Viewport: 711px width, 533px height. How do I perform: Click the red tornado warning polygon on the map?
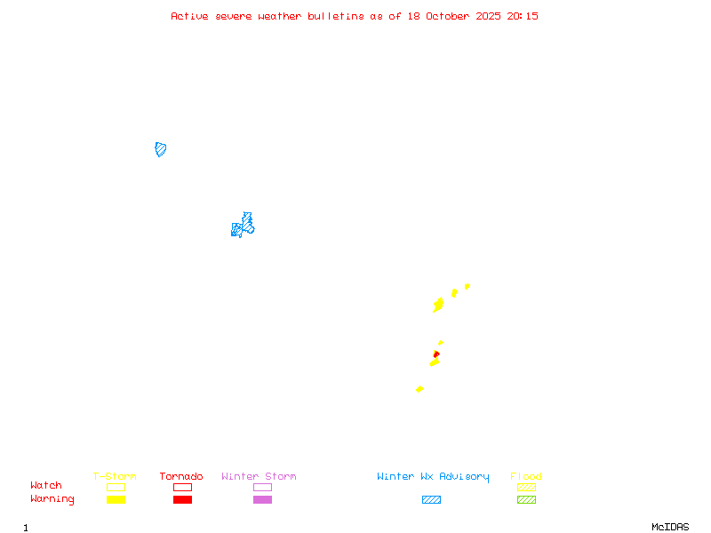(436, 354)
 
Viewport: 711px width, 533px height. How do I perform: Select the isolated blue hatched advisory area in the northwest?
(161, 149)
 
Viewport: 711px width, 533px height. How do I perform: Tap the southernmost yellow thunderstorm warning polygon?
(419, 389)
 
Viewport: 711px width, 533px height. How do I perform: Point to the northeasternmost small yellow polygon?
(467, 286)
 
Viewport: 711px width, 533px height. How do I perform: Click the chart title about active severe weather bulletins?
(355, 16)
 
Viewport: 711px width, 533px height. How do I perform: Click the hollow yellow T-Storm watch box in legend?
(116, 487)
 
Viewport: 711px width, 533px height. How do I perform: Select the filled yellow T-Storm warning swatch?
(116, 499)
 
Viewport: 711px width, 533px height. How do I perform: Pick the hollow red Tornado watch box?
(182, 487)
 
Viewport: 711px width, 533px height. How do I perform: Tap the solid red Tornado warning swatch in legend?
(182, 499)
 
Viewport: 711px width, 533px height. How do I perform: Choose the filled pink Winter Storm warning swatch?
(262, 499)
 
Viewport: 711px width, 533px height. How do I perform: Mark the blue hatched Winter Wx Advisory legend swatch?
(431, 499)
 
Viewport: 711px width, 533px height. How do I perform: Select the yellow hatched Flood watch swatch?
(526, 487)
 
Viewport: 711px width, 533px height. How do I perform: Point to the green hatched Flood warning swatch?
(526, 499)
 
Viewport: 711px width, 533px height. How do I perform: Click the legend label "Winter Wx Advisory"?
(433, 476)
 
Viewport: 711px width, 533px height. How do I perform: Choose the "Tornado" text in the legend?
(181, 476)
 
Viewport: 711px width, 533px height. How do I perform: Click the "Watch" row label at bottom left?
(46, 486)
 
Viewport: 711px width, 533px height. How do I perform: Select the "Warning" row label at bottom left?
(52, 499)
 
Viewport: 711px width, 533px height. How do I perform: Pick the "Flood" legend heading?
(526, 476)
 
